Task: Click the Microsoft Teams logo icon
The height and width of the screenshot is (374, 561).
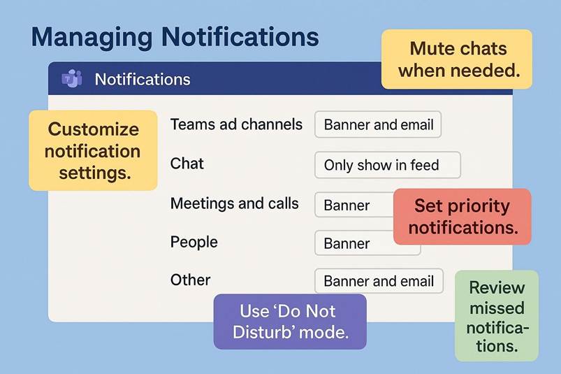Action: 72,78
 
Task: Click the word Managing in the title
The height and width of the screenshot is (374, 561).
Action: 92,38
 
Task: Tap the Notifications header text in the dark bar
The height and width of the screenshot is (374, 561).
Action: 143,79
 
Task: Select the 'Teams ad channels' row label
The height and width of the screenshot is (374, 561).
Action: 236,124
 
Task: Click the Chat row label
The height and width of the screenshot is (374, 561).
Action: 187,164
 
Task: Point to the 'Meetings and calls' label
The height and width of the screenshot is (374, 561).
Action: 234,203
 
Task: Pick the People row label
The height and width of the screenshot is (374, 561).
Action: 194,243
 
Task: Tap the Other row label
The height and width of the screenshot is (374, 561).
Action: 190,280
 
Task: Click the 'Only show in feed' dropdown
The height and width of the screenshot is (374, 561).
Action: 388,165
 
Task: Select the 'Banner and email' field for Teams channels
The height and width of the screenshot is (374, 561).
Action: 378,124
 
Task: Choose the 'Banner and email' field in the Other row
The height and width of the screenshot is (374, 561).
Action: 379,281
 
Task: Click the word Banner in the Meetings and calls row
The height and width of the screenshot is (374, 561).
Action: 347,206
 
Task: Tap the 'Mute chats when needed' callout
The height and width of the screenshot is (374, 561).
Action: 457,59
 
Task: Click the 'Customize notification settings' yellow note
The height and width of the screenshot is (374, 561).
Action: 93,150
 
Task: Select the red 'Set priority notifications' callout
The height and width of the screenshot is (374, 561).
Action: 462,217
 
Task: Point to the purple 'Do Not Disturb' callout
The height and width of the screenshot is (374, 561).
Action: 290,322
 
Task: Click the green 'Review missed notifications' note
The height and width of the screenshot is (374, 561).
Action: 497,316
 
